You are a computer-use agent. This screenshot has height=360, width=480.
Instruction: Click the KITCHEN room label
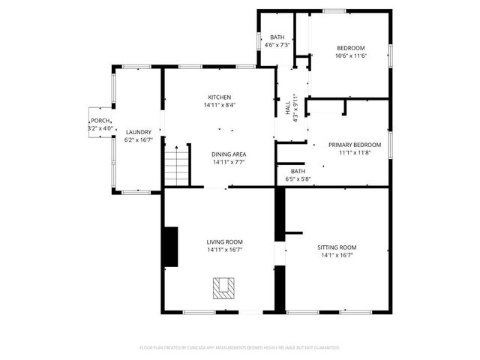[x=220, y=97]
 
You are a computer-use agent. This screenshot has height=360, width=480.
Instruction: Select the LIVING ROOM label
[x=225, y=241]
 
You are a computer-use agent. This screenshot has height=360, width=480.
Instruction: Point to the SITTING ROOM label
[x=336, y=247]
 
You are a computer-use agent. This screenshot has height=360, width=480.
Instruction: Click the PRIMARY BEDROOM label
[x=355, y=145]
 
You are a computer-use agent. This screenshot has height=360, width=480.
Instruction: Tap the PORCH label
[x=100, y=121]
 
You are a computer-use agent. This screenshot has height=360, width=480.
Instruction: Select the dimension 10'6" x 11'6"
[x=350, y=55]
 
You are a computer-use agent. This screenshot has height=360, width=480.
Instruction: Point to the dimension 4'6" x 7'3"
[x=277, y=45]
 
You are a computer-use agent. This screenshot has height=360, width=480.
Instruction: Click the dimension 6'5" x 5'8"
[x=298, y=179]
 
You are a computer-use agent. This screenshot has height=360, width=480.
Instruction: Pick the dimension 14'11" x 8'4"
[x=220, y=105]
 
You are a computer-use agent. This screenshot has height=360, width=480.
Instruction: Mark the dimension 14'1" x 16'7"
[x=336, y=255]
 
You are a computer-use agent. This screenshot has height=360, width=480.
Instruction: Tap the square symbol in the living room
[x=223, y=287]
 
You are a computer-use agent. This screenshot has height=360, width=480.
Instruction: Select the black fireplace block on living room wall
[x=171, y=247]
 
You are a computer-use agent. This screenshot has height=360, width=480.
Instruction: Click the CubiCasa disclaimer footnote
[x=240, y=348]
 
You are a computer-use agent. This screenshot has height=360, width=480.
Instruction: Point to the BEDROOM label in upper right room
[x=350, y=47]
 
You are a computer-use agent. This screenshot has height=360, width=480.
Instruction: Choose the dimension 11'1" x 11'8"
[x=355, y=153]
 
